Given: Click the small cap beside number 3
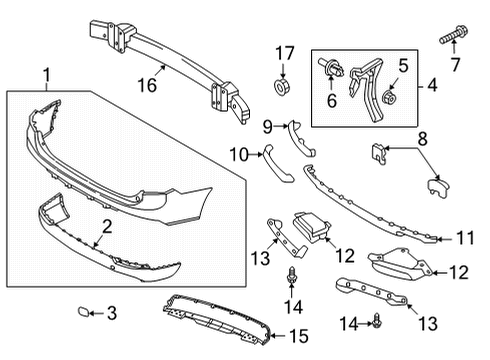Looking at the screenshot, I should (x=83, y=313).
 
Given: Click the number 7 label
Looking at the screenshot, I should (x=458, y=67).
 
